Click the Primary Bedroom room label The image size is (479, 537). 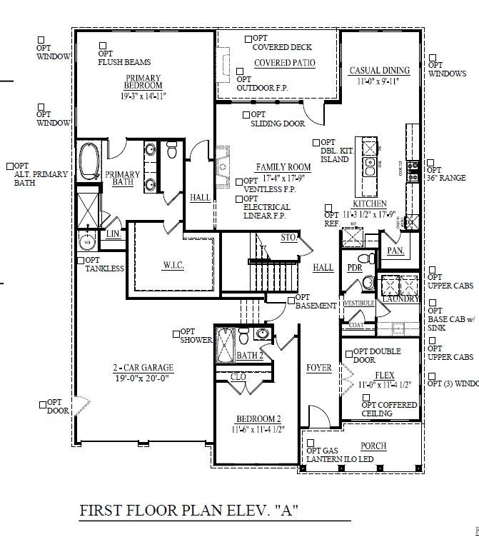(143, 82)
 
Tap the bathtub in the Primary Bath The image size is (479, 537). (89, 161)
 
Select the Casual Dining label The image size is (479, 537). (379, 71)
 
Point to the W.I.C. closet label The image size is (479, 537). (173, 265)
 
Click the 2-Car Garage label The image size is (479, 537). (143, 368)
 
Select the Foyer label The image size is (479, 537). (319, 368)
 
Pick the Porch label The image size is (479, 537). (373, 446)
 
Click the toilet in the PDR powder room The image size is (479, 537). (365, 258)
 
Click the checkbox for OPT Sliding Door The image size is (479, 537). (246, 114)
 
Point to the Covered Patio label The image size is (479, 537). (284, 63)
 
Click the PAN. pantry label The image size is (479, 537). (395, 251)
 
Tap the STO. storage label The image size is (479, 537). (288, 237)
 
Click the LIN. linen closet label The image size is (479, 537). (112, 234)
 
